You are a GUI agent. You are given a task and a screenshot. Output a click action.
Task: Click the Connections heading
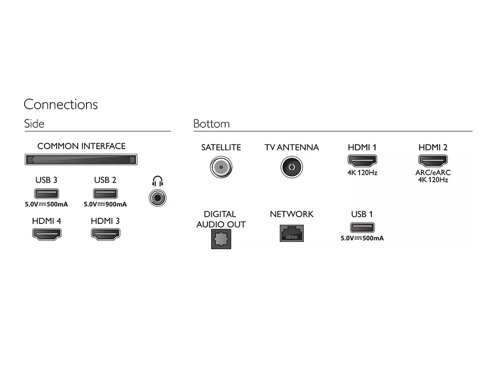pos(61,104)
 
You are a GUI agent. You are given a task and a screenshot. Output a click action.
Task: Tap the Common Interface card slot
pos(81,160)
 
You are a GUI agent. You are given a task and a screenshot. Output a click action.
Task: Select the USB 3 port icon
pos(46,193)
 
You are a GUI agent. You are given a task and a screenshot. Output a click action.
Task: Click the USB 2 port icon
pos(105,193)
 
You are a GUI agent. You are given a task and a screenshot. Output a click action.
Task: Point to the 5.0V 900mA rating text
pos(105,204)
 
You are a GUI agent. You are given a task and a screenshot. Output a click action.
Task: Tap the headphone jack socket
pos(158,198)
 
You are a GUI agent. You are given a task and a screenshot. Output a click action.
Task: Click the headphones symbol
pos(157,181)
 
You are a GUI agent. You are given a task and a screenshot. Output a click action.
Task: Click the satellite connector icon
pos(221,167)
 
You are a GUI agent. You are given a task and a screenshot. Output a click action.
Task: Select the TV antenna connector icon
pos(291,167)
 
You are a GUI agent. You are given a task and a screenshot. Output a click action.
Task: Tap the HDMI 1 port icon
pos(362,161)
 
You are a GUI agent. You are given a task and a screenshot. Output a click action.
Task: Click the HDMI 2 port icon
pos(433,161)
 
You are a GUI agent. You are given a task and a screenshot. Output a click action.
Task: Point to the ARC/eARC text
pos(433,172)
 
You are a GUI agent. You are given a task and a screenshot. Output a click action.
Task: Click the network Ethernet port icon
pos(291,232)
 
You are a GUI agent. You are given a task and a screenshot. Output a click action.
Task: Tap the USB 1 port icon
pos(362,228)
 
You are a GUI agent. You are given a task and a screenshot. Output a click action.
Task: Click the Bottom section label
pos(212,124)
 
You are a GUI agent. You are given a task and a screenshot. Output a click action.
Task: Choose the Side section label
pos(34,124)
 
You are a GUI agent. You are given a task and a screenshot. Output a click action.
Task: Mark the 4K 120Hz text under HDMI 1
pos(362,172)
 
